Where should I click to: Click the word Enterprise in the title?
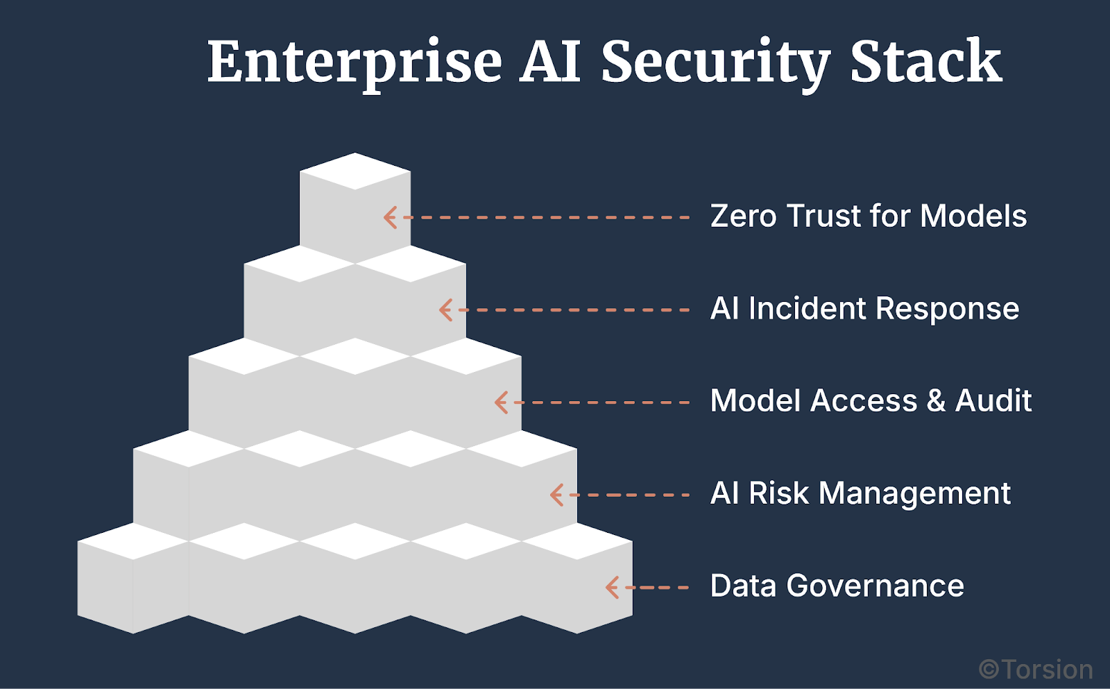point(355,62)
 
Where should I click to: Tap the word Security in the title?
point(715,62)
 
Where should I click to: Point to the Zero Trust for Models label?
point(868,216)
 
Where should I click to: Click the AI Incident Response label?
point(864,309)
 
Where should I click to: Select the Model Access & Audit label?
point(871,401)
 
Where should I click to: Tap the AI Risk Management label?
point(860,493)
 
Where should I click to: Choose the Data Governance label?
point(837,586)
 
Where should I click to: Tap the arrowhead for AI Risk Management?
point(556,495)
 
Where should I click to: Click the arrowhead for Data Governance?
point(612,588)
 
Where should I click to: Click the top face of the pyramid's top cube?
point(355,171)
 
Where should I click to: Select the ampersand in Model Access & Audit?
point(936,401)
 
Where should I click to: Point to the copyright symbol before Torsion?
point(989,670)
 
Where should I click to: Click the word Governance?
point(875,587)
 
